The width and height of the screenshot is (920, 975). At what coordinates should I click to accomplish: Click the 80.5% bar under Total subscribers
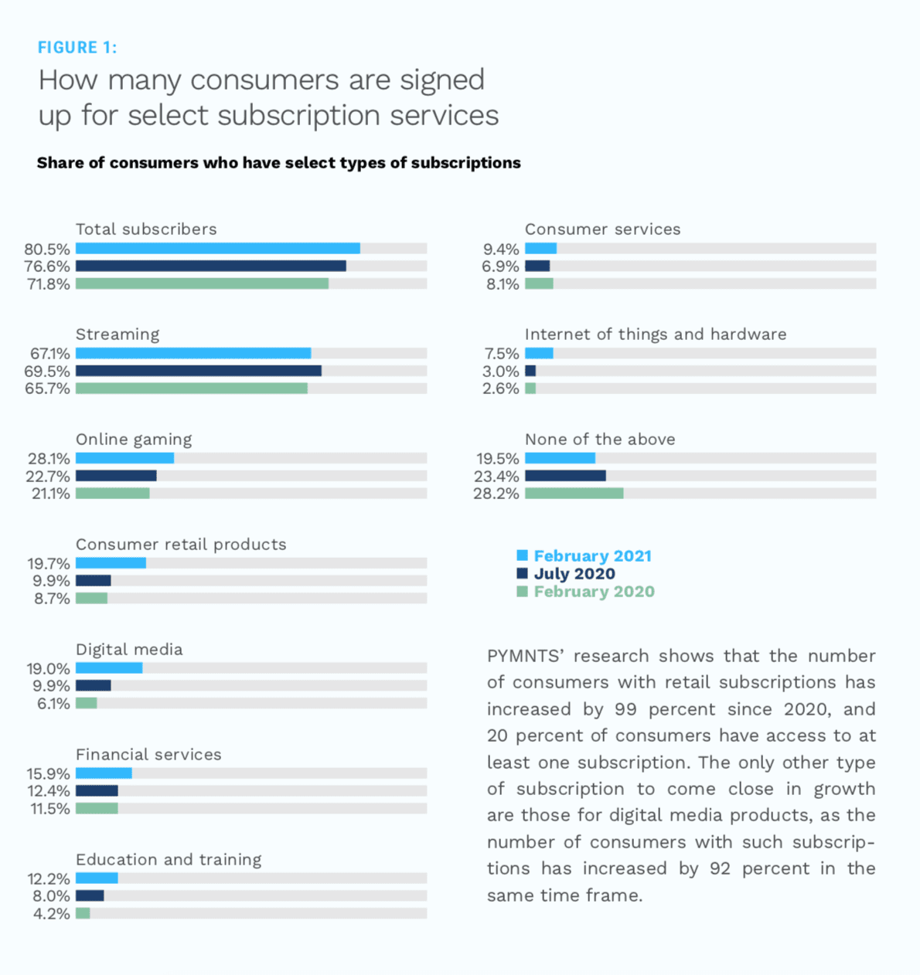click(x=217, y=249)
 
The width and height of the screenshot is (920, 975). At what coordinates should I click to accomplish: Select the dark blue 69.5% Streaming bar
click(x=198, y=371)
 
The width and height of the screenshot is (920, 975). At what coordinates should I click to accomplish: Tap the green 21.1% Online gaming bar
click(x=112, y=493)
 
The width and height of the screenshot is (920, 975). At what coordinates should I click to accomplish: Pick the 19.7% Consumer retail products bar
click(x=111, y=563)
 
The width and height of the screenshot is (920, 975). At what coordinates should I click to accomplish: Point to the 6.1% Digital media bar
click(x=86, y=703)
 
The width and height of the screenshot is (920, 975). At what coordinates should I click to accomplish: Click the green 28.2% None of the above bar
click(x=574, y=493)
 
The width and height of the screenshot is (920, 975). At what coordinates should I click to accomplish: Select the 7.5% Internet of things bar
click(x=539, y=353)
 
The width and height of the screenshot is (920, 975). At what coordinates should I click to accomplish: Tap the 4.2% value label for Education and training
click(x=52, y=914)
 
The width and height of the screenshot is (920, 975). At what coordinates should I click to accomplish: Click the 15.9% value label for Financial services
click(x=49, y=773)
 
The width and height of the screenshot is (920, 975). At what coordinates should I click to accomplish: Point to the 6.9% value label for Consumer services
click(x=500, y=267)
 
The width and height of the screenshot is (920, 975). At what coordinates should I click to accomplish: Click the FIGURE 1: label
click(x=77, y=48)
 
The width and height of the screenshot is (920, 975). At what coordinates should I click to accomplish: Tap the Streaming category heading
click(x=118, y=335)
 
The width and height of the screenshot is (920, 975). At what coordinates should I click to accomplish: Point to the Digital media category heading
click(x=129, y=650)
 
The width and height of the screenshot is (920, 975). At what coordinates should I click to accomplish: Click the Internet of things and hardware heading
click(x=656, y=335)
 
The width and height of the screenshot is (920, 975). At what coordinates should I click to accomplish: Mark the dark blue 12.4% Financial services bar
click(x=97, y=791)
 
